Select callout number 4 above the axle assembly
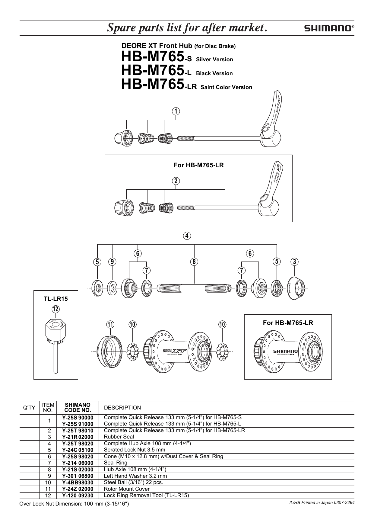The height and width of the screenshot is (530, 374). pyautogui.click(x=187, y=236)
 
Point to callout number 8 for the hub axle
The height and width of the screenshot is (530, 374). pyautogui.click(x=194, y=262)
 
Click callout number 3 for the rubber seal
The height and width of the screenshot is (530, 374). pyautogui.click(x=295, y=262)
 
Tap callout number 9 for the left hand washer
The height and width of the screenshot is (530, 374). pyautogui.click(x=112, y=262)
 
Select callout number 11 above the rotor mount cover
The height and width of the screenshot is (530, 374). pyautogui.click(x=110, y=325)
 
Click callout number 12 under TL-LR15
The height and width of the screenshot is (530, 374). pyautogui.click(x=55, y=309)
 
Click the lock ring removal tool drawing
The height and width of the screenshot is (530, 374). pyautogui.click(x=56, y=344)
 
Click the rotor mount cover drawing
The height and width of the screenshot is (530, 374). pyautogui.click(x=110, y=351)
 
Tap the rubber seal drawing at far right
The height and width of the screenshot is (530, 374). pyautogui.click(x=296, y=288)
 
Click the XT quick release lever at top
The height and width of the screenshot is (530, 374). pyautogui.click(x=271, y=121)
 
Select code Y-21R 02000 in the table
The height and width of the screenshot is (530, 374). pyautogui.click(x=78, y=437)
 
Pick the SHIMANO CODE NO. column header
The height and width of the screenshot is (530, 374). pyautogui.click(x=78, y=407)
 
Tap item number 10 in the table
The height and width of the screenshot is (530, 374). pyautogui.click(x=49, y=482)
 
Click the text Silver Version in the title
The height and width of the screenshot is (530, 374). pyautogui.click(x=214, y=59)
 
